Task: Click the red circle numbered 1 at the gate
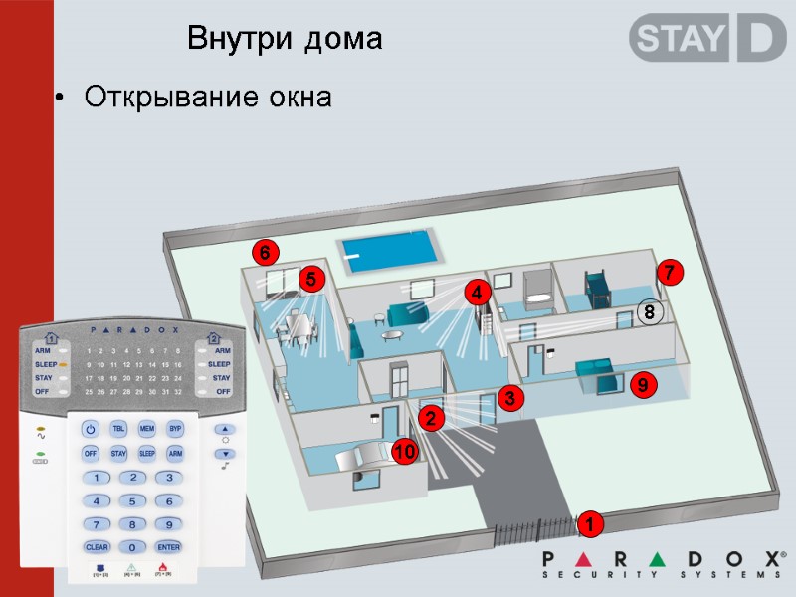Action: click(589, 523)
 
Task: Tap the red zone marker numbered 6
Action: click(265, 253)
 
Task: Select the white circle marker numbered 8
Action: click(649, 312)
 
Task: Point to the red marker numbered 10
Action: click(404, 452)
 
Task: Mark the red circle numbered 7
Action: click(670, 272)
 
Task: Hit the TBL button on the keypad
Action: click(118, 429)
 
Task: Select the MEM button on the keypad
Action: click(147, 429)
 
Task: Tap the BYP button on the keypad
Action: click(175, 429)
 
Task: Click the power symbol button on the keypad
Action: click(91, 429)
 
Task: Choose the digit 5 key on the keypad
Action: click(132, 500)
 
